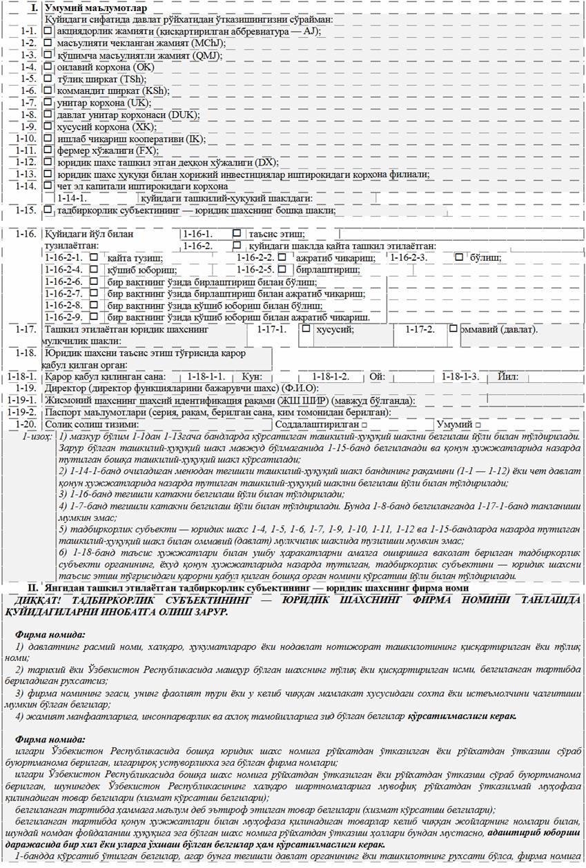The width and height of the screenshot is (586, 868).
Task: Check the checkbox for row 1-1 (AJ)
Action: pyautogui.click(x=48, y=31)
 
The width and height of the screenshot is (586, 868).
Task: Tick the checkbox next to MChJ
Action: pyautogui.click(x=48, y=43)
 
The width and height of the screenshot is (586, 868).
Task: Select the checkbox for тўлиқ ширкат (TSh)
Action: pyautogui.click(x=48, y=79)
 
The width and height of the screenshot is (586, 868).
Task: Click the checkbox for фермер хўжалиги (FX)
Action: pyautogui.click(x=48, y=150)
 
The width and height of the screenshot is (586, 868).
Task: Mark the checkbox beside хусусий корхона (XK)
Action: pyautogui.click(x=48, y=126)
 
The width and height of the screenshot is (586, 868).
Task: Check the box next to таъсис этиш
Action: pyautogui.click(x=237, y=234)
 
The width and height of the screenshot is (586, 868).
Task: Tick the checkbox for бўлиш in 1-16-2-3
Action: pyautogui.click(x=459, y=257)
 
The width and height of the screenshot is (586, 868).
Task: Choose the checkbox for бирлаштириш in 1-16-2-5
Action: pyautogui.click(x=282, y=269)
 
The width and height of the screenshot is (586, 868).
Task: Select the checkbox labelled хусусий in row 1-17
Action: pyautogui.click(x=306, y=328)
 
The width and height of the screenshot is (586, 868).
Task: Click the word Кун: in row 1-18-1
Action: pyautogui.click(x=252, y=377)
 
